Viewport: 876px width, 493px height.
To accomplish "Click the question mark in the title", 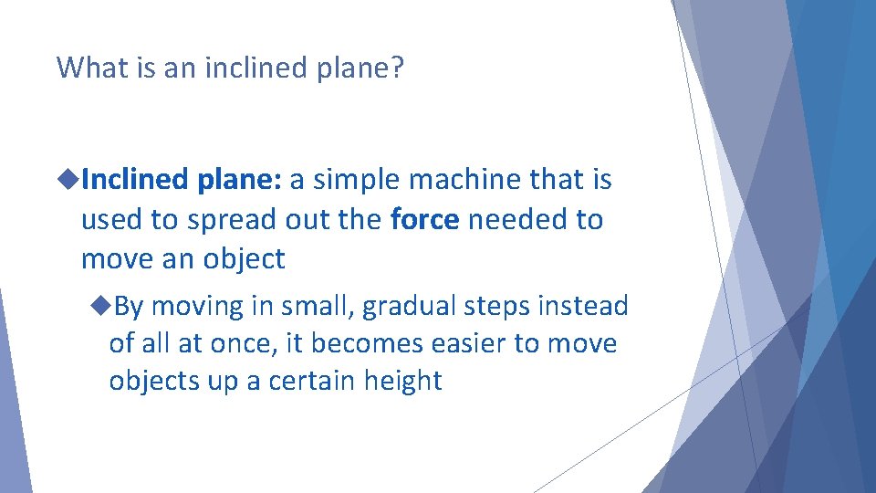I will [x=396, y=68].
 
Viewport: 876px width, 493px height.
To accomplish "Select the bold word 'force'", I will [x=424, y=220].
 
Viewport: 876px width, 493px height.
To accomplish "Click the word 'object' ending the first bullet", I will [x=244, y=259].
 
